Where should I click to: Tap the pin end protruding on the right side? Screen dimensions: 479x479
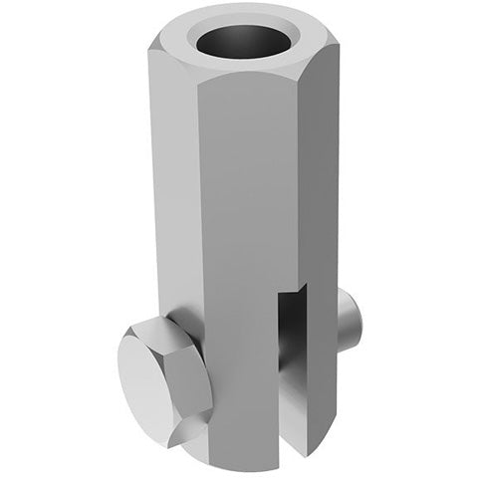tap(351, 317)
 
